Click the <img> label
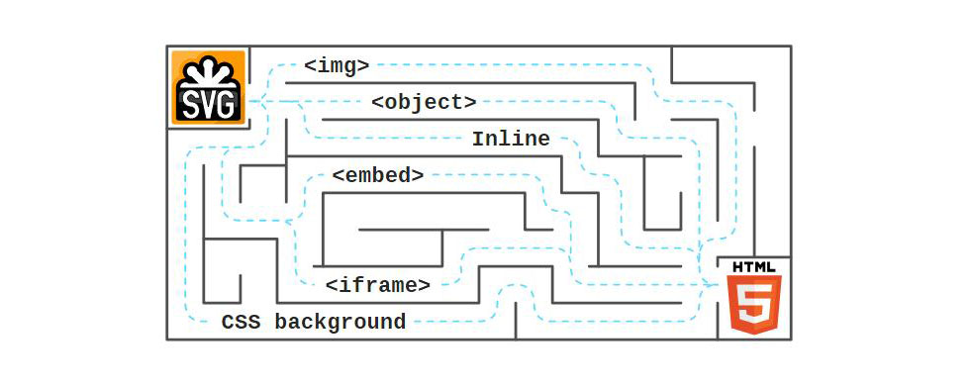pyautogui.click(x=337, y=66)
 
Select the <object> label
pyautogui.click(x=424, y=102)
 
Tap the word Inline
pyautogui.click(x=510, y=139)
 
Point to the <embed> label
pyautogui.click(x=378, y=175)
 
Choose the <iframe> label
pyautogui.click(x=378, y=285)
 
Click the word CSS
pyautogui.click(x=241, y=322)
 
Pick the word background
pyautogui.click(x=340, y=322)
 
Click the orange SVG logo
pyautogui.click(x=208, y=87)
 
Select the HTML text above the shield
pyautogui.click(x=754, y=267)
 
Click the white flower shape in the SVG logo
pyautogui.click(x=209, y=74)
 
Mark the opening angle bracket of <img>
pyautogui.click(x=310, y=66)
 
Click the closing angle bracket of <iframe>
pyautogui.click(x=425, y=285)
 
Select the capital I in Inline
pyautogui.click(x=477, y=139)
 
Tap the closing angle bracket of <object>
pyautogui.click(x=470, y=102)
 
